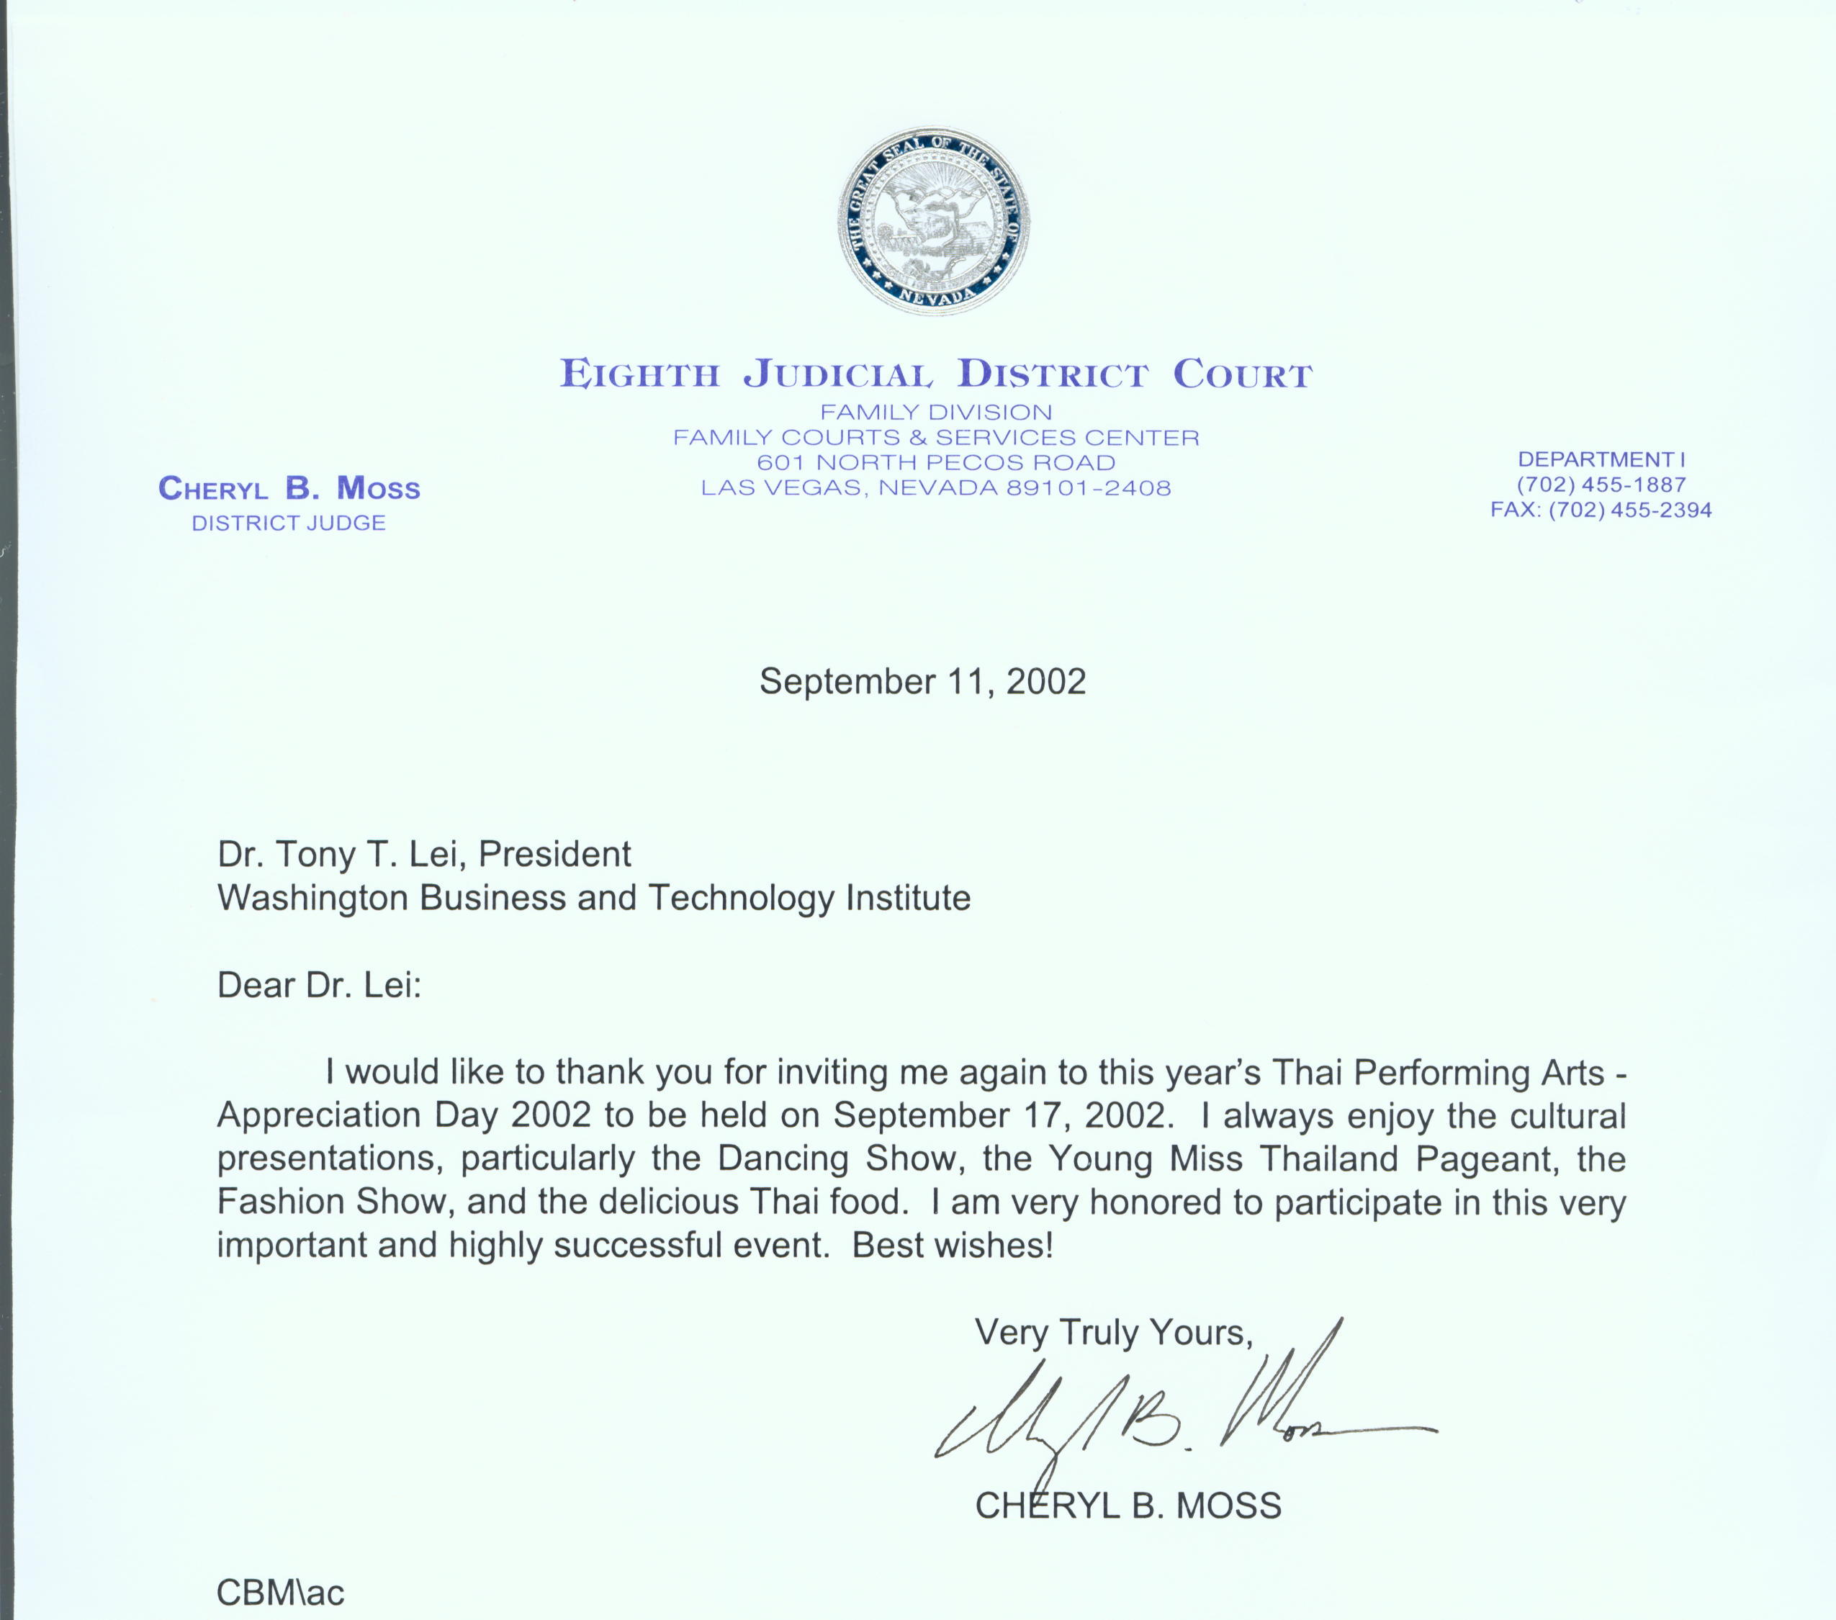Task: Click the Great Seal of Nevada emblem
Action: pyautogui.click(x=934, y=220)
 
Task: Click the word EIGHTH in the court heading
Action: pyautogui.click(x=639, y=374)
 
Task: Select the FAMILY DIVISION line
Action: pyautogui.click(x=935, y=412)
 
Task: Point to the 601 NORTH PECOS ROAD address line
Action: pyautogui.click(x=935, y=462)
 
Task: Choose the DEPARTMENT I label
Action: pyautogui.click(x=1601, y=459)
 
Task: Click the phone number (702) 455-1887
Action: pyautogui.click(x=1601, y=484)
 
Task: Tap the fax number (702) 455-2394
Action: pyautogui.click(x=1629, y=510)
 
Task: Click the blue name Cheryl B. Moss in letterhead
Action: pyautogui.click(x=289, y=488)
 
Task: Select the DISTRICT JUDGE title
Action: pyautogui.click(x=288, y=523)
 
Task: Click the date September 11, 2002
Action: pyautogui.click(x=922, y=682)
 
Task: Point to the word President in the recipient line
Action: pyautogui.click(x=554, y=853)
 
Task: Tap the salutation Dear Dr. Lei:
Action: pyautogui.click(x=319, y=985)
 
